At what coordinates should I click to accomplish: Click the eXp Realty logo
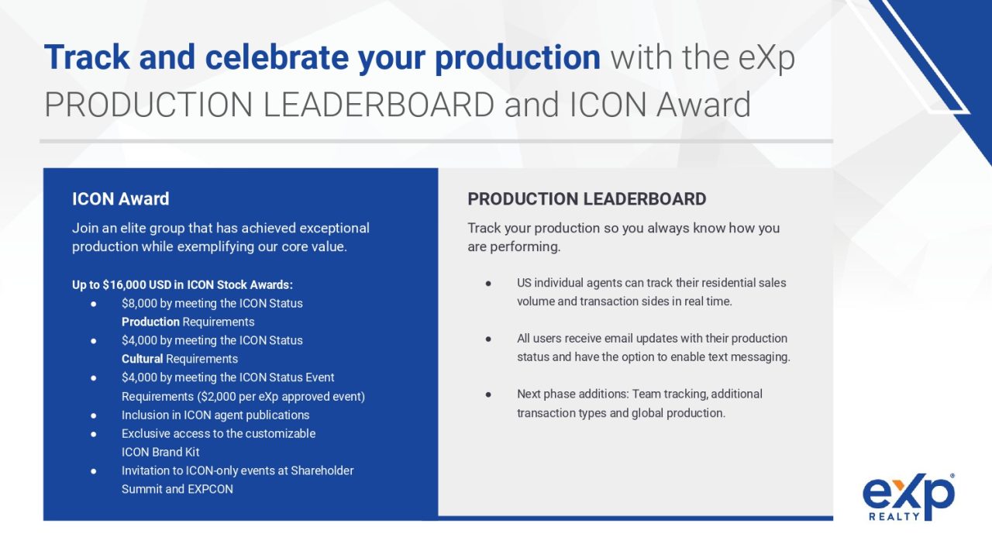908,497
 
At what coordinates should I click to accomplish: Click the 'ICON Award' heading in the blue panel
120,199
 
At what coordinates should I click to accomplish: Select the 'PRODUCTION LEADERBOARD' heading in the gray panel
587,199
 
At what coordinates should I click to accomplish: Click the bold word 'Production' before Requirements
150,322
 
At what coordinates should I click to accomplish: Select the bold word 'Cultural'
142,359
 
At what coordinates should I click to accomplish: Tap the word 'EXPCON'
210,489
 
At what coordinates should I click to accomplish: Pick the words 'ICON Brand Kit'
160,452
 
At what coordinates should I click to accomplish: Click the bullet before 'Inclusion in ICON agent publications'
94,415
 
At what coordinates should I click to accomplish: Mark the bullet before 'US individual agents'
488,284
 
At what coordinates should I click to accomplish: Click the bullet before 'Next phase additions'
488,394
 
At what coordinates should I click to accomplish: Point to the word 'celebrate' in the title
277,57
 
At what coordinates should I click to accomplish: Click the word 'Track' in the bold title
87,57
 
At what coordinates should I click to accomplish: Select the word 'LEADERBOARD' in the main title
379,105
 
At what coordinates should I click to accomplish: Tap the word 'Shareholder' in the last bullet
322,470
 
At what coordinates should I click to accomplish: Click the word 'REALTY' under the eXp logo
894,516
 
